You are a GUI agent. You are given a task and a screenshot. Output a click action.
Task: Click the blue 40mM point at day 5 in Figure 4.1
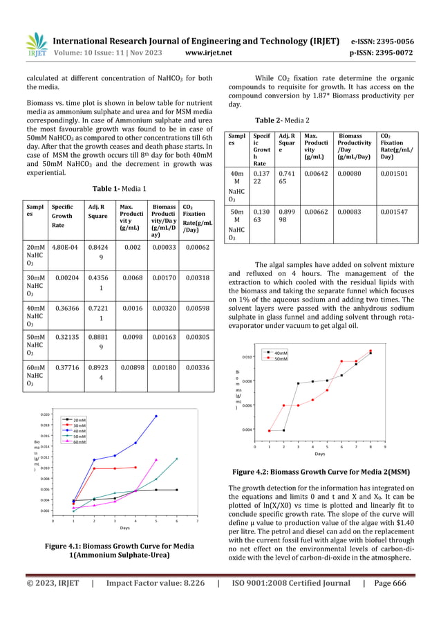tap(156, 416)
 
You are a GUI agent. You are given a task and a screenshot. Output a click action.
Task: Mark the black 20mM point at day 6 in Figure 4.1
tap(177, 490)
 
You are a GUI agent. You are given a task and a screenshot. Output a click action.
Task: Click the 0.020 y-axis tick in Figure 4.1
tap(44, 414)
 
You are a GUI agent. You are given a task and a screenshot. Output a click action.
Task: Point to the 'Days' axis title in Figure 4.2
tap(320, 455)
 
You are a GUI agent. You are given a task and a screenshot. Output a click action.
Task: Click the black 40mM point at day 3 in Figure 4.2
tap(299, 383)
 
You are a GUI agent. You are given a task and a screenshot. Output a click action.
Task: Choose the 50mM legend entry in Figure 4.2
tap(281, 358)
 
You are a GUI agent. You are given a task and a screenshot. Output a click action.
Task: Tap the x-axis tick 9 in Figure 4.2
tap(385, 447)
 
